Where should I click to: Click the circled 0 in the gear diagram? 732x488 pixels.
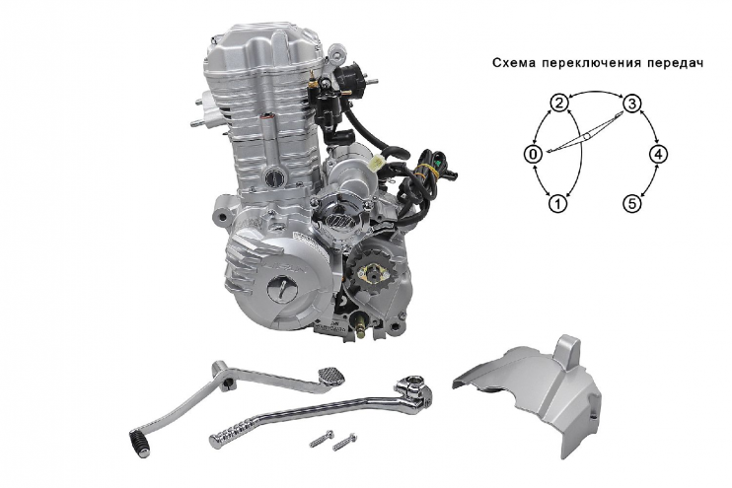point(533,154)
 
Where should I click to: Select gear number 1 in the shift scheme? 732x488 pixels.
point(557,204)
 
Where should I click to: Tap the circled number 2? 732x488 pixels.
point(558,104)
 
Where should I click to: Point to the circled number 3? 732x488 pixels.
point(632,104)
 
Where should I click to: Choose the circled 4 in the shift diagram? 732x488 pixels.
point(658,154)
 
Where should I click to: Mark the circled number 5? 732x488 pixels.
point(632,204)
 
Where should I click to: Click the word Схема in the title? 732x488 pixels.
point(514,62)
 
